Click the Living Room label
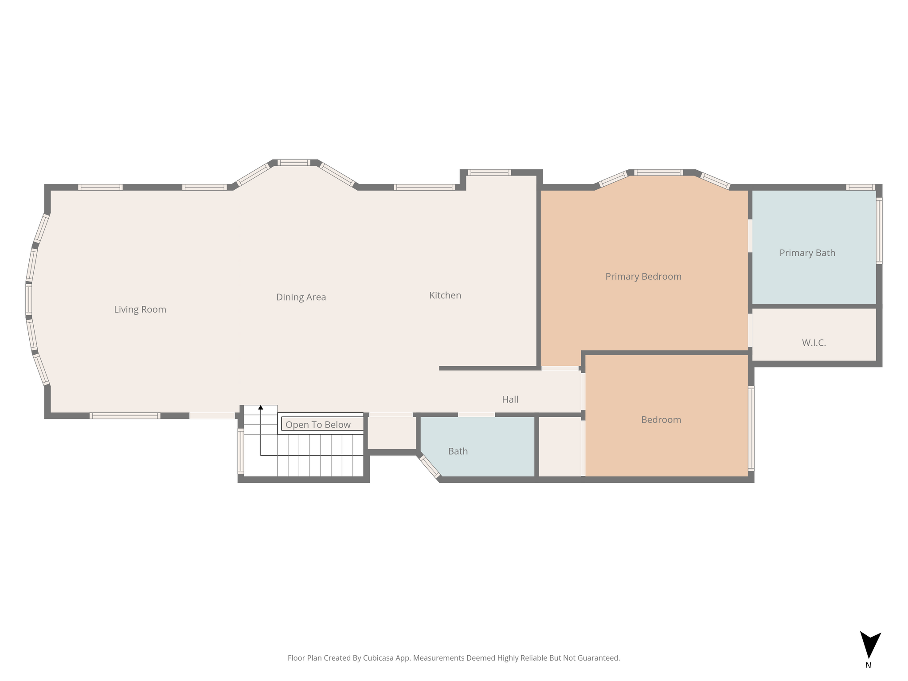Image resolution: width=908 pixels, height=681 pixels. coord(140,309)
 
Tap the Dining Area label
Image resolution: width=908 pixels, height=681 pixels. coord(301,297)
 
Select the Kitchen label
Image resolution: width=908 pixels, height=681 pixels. coord(445,295)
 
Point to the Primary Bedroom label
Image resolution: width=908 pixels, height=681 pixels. coord(643,277)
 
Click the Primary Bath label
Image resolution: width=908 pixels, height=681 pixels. coord(807,253)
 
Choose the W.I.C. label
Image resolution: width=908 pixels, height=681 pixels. coord(814,343)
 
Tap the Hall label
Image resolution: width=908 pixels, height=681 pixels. coord(510,399)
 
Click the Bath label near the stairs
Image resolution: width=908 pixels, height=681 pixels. coord(458,451)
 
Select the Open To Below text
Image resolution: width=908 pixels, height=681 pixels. coord(318,425)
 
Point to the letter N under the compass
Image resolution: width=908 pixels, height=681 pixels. coord(868,665)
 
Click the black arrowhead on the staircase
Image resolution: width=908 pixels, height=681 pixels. coord(261,407)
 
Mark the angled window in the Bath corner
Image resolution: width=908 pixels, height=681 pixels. coord(430,467)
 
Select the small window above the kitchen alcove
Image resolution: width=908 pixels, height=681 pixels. coord(489,172)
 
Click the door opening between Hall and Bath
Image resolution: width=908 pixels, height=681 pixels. coord(476,415)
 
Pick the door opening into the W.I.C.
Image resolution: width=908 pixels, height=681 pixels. coord(750,330)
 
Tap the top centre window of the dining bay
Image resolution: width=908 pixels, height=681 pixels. coord(294,162)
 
